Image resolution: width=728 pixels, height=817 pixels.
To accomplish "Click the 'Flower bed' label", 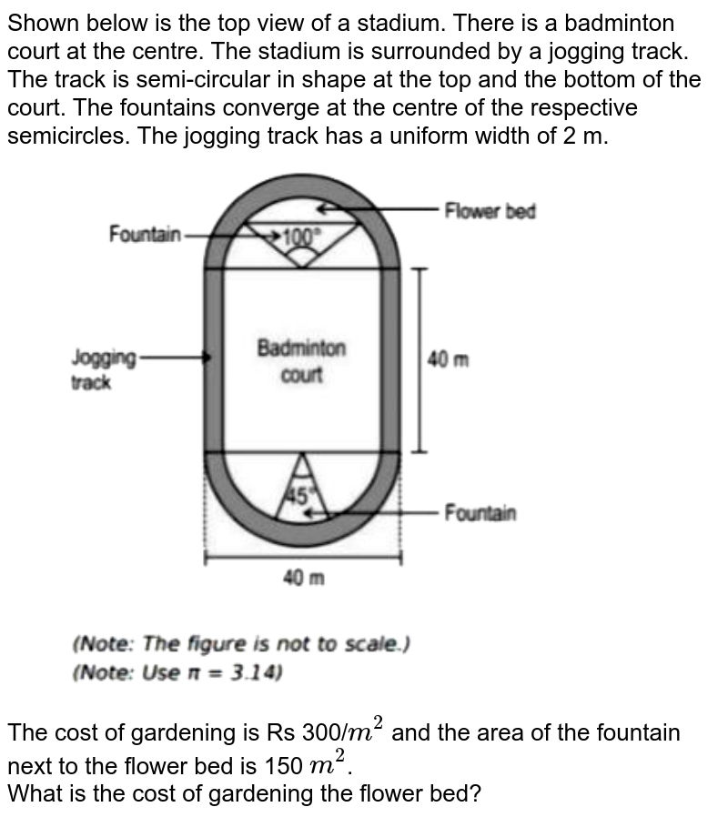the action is tap(490, 211).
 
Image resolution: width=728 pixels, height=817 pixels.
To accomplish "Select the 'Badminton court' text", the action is tap(302, 360).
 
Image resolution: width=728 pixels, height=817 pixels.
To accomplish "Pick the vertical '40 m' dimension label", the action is tap(448, 359).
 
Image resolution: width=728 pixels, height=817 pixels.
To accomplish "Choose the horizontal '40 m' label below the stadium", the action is tap(304, 578).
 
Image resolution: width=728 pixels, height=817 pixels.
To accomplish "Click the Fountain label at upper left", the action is tap(145, 234).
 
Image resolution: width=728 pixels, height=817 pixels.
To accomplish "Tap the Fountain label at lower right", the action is tap(480, 513).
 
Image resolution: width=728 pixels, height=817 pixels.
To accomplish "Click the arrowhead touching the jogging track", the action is tap(207, 358).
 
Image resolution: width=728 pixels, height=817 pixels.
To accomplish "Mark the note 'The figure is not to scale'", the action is tap(241, 644).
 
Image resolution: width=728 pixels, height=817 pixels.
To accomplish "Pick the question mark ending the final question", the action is tap(475, 794).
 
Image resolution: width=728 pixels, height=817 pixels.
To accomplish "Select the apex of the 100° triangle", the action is tap(302, 267).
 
